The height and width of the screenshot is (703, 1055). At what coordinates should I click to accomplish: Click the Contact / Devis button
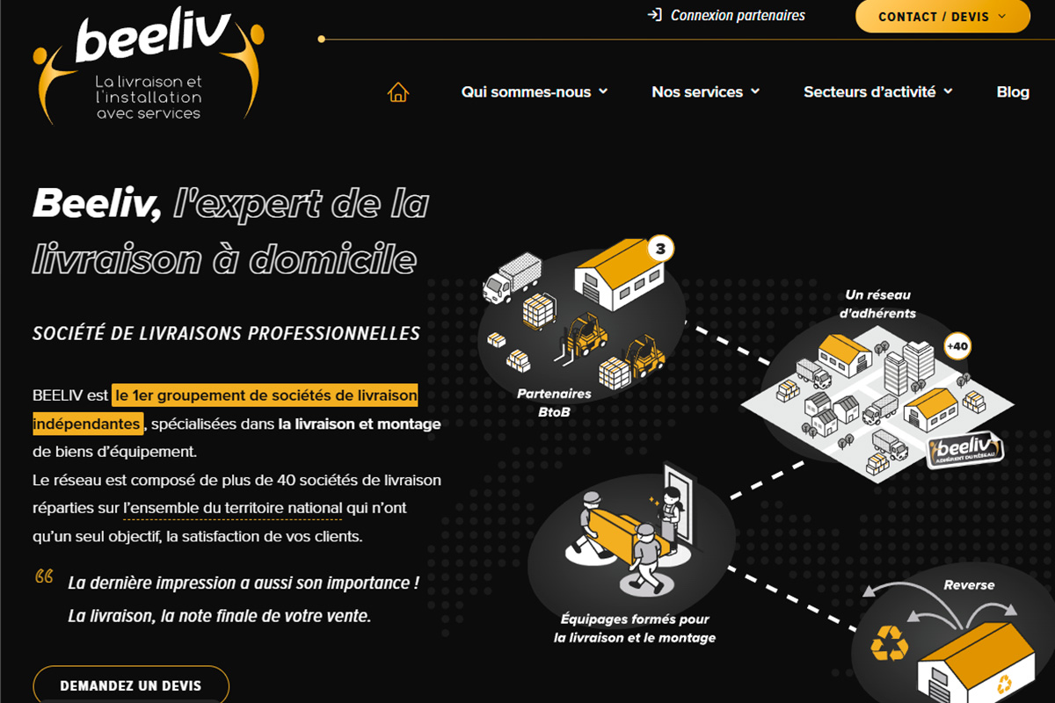[942, 16]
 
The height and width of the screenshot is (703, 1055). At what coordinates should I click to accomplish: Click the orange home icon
[398, 91]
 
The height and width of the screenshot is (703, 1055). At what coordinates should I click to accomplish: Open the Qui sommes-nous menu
[535, 91]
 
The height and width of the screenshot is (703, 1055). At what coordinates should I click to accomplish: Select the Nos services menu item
[705, 91]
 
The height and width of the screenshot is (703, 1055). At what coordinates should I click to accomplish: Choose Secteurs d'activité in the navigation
[878, 91]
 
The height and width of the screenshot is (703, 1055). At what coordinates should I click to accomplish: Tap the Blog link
[1013, 91]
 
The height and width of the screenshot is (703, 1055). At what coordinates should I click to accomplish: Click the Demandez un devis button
[131, 685]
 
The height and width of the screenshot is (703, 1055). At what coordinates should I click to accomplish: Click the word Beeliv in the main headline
[97, 203]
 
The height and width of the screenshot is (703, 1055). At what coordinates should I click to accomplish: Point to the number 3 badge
[660, 248]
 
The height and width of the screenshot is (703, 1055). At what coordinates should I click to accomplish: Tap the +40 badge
[957, 346]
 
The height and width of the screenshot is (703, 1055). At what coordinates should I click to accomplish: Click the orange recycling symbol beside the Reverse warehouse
[889, 643]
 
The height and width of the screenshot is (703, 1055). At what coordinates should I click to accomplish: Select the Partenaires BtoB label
[554, 402]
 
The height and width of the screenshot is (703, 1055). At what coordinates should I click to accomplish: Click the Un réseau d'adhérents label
[877, 304]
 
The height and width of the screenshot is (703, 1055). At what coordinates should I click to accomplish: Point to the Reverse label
[969, 585]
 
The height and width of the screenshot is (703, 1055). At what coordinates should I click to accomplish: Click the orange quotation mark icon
[44, 576]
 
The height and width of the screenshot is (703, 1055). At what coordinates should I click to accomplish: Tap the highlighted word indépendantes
[88, 424]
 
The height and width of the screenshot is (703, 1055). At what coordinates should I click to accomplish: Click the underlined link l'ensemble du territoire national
[233, 509]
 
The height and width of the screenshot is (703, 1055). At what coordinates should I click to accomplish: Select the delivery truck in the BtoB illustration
[512, 278]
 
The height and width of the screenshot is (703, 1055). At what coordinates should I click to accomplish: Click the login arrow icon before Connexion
[655, 15]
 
